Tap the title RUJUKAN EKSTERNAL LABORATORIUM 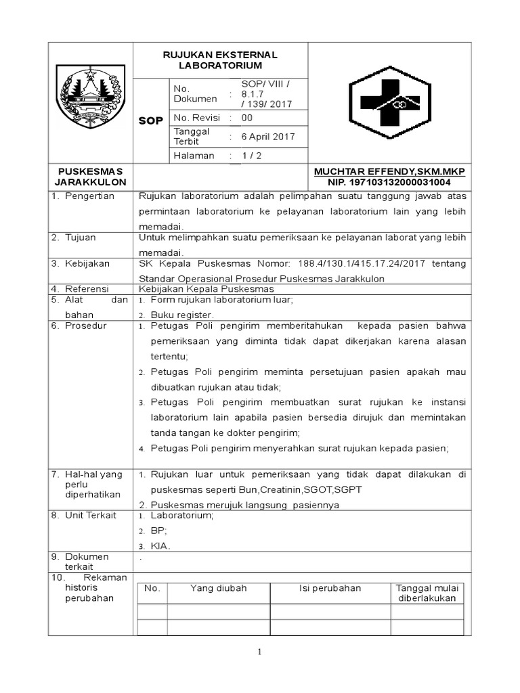(220, 60)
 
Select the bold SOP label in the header (150, 121)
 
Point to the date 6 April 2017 (269, 136)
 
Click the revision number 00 (247, 117)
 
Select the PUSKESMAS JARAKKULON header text (91, 177)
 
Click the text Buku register (181, 315)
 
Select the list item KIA (160, 545)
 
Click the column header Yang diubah (218, 588)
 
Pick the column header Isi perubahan (330, 588)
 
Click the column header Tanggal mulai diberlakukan (427, 593)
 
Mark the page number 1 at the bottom (259, 652)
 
